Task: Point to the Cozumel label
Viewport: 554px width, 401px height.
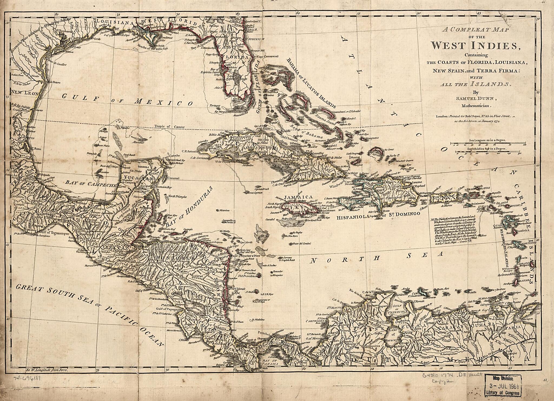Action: pyautogui.click(x=173, y=179)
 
